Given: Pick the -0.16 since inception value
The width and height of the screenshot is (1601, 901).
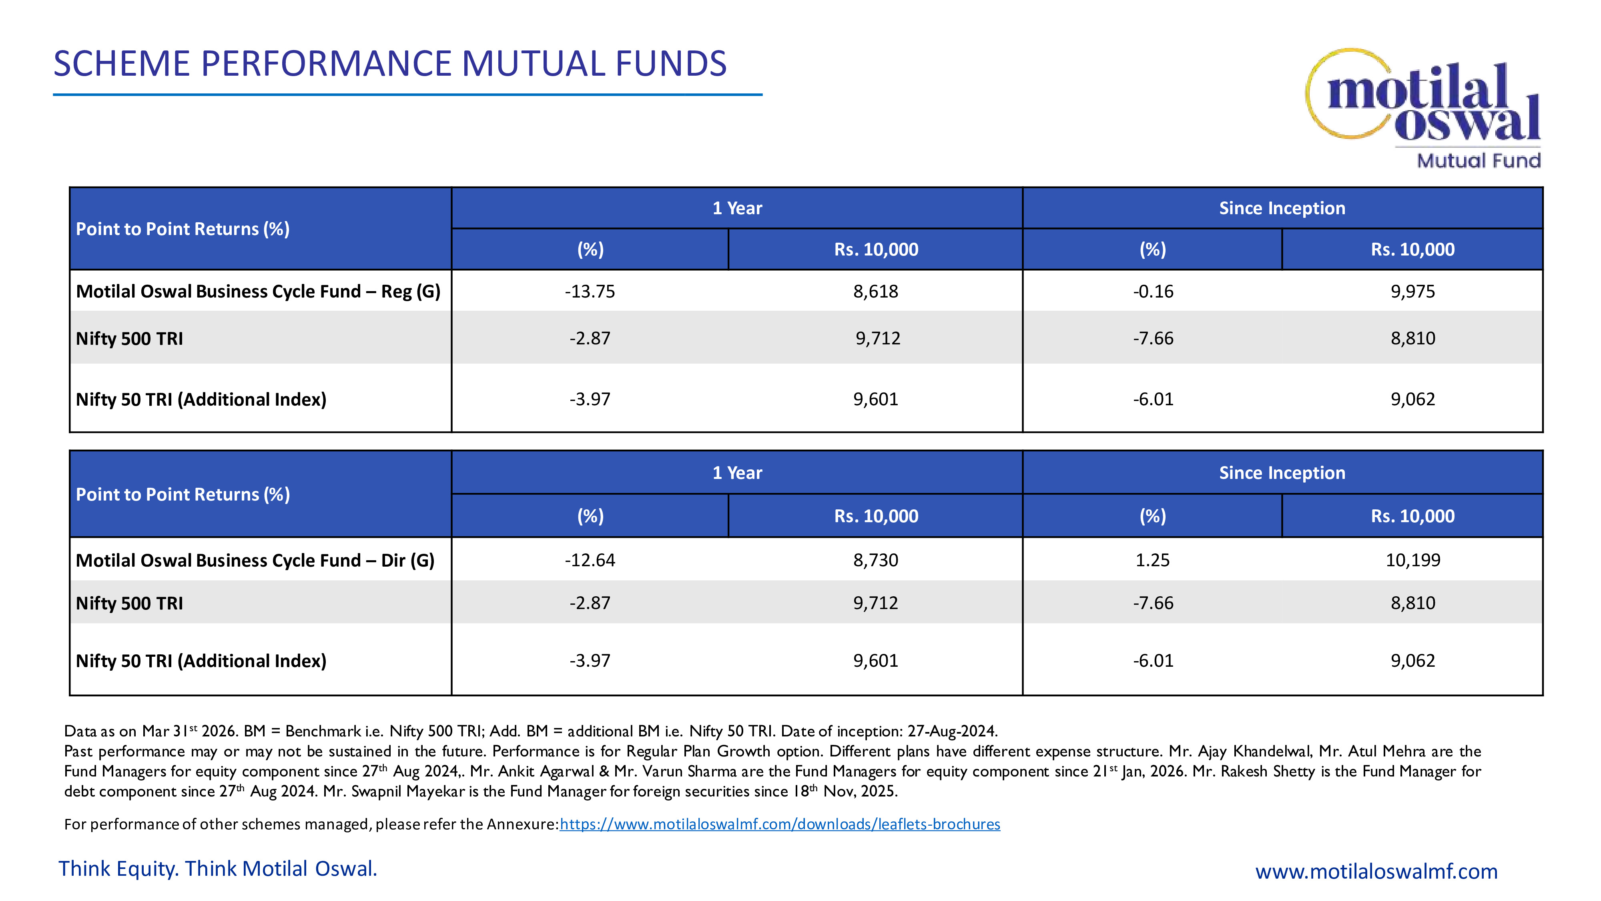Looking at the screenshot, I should point(1153,291).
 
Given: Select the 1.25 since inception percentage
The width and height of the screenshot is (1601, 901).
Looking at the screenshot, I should point(1152,560).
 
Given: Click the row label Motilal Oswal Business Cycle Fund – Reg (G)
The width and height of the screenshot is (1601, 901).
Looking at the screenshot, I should point(258,291).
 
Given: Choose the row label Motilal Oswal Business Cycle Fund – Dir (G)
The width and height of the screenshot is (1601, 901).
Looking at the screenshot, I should point(255,560).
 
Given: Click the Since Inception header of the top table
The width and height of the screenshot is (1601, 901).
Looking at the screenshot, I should point(1282,208).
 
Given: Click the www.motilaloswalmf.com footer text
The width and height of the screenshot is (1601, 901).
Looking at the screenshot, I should point(1376,871).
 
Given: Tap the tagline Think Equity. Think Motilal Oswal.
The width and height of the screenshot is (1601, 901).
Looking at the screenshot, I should point(217,869).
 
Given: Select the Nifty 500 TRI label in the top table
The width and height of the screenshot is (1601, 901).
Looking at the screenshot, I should point(129,338).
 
